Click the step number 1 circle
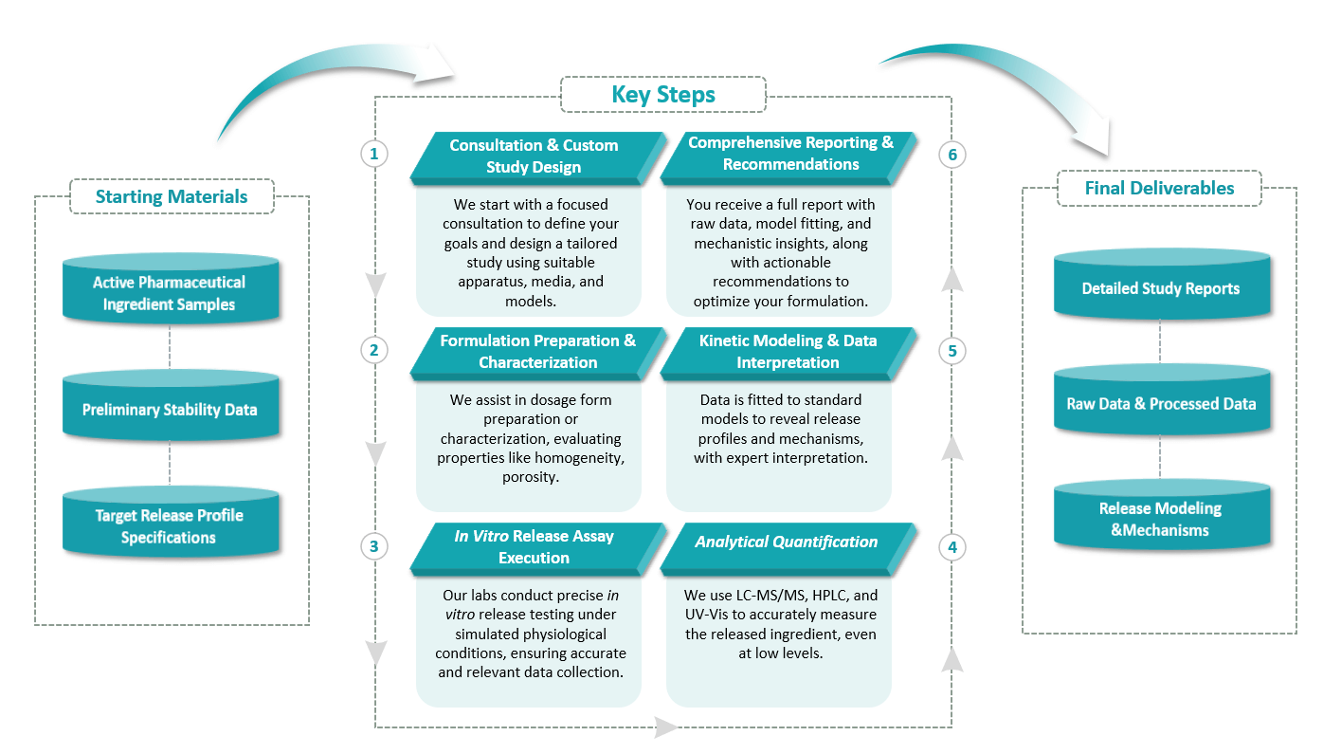[x=375, y=153]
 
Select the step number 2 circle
[x=375, y=350]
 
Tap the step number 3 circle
[x=375, y=546]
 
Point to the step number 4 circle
[x=952, y=546]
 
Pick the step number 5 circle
[x=952, y=350]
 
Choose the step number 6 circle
[x=952, y=154]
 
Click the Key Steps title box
[x=662, y=95]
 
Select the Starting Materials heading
[x=172, y=196]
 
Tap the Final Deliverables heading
[x=1159, y=188]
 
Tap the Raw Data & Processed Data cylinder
[x=1161, y=402]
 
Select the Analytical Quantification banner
[x=786, y=543]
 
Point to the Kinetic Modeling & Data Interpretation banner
[x=788, y=351]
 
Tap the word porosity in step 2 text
[x=529, y=477]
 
